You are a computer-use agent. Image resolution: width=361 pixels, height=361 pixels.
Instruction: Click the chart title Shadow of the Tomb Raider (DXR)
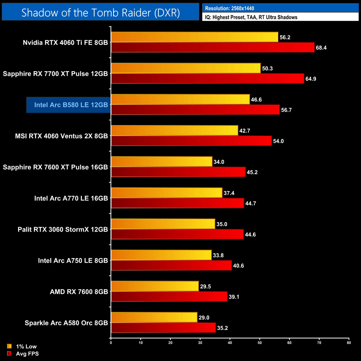101,12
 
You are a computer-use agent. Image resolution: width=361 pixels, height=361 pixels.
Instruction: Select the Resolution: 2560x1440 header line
229,8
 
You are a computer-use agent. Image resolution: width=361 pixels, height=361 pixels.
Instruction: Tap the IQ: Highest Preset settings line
251,17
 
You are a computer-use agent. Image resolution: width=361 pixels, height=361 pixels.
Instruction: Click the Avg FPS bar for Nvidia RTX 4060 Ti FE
213,47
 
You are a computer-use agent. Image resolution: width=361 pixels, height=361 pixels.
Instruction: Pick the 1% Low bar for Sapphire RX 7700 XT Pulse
186,68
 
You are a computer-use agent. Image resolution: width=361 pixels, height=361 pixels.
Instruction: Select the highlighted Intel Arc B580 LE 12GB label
71,105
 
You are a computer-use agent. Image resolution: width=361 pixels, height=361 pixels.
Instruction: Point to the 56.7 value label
286,110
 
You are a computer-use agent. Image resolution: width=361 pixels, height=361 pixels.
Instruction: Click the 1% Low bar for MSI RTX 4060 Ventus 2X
175,131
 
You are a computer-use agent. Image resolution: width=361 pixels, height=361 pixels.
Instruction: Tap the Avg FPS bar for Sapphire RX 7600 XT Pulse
178,172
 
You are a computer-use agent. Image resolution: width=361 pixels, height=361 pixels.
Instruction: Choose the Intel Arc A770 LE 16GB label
71,198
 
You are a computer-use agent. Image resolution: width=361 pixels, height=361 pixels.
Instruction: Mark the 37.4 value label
229,193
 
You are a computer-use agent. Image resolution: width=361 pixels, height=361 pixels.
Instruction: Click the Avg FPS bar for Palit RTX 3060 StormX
177,234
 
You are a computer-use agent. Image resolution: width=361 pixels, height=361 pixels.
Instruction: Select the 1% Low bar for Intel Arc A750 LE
161,255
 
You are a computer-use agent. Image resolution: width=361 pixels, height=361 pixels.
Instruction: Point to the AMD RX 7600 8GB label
79,292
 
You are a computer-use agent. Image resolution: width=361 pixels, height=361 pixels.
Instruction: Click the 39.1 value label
234,297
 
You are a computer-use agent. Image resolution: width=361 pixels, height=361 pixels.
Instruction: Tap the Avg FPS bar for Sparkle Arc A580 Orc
163,328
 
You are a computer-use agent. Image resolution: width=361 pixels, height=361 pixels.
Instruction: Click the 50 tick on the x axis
260,343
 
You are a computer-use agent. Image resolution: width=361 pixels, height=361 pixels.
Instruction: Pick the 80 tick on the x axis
349,343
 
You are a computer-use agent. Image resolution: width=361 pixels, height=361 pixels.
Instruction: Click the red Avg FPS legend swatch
9,354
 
